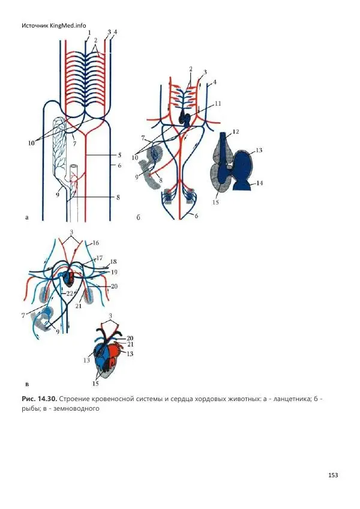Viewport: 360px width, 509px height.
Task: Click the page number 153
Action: [333, 475]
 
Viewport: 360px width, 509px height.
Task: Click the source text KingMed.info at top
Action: [70, 25]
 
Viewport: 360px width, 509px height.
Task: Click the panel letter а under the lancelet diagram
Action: [26, 218]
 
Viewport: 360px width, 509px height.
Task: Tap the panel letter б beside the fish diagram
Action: [139, 218]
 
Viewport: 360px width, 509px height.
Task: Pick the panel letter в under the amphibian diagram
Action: [26, 381]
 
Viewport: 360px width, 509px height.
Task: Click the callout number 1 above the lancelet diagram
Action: [89, 32]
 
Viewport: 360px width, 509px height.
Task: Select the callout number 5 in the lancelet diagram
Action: [120, 154]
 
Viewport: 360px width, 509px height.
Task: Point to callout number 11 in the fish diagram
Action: [217, 104]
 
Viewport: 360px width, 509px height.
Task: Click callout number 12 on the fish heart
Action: [236, 131]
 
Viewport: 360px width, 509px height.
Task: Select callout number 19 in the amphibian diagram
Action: [113, 272]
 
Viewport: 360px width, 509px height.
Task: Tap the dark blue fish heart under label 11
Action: [187, 118]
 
